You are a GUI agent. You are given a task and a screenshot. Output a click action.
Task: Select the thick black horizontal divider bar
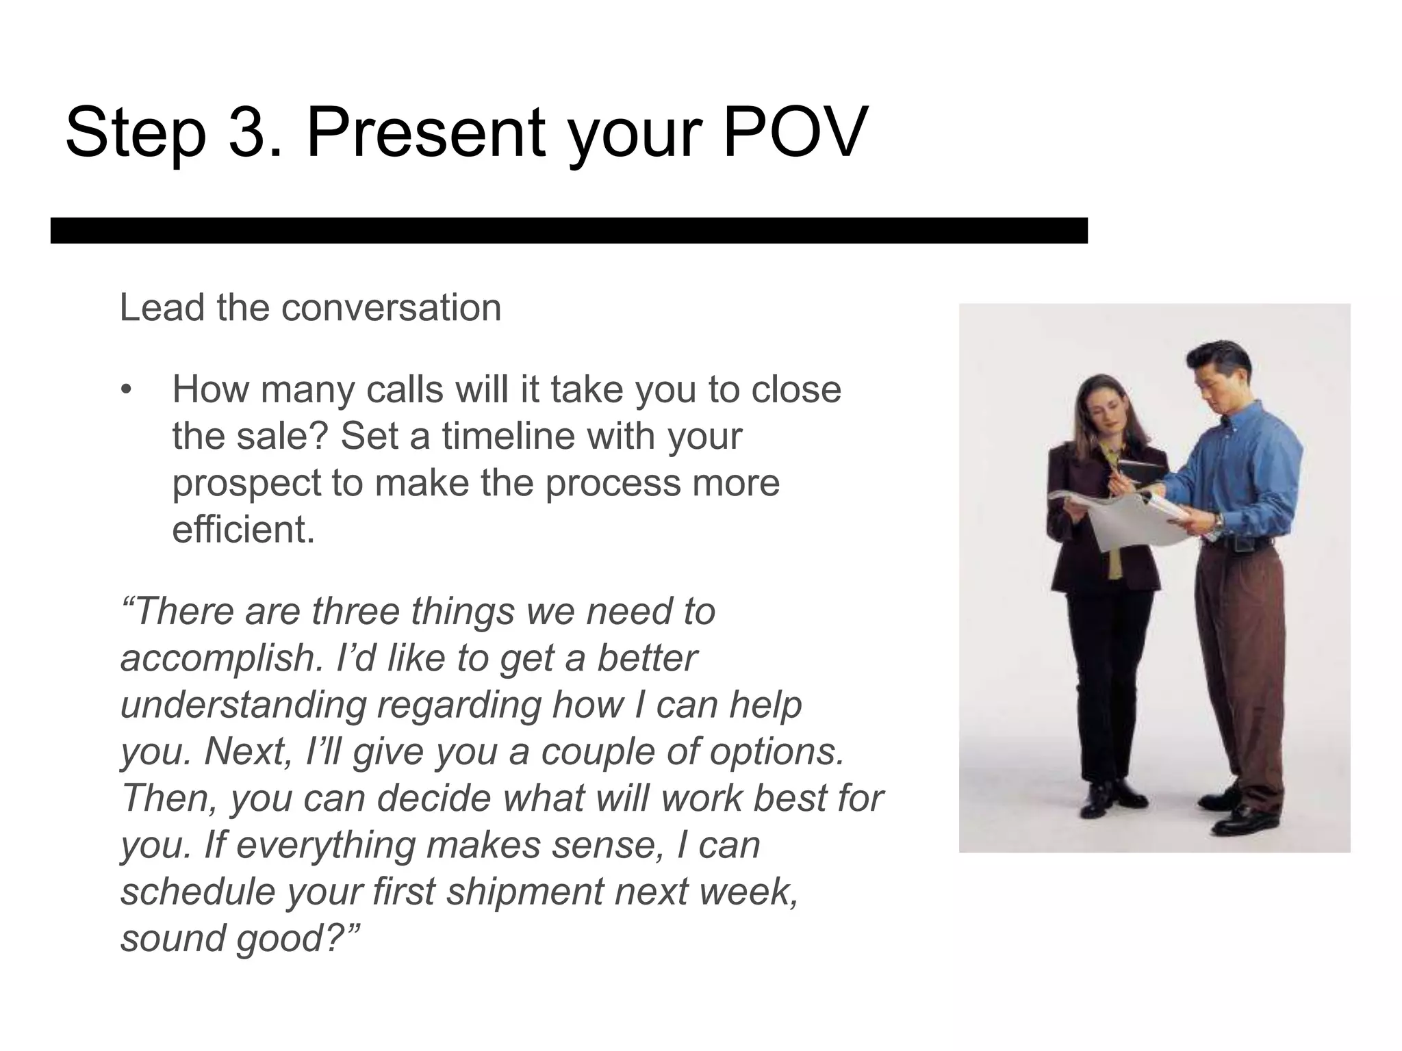point(568,231)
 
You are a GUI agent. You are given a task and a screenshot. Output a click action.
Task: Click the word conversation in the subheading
point(391,308)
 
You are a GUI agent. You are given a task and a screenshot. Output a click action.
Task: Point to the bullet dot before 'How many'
point(125,391)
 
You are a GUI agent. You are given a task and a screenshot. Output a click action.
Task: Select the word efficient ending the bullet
point(242,529)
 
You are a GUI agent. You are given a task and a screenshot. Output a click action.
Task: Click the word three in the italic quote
point(355,610)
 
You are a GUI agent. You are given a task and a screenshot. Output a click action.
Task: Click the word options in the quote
point(776,751)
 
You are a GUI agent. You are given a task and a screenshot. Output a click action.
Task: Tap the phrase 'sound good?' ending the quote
point(240,937)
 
